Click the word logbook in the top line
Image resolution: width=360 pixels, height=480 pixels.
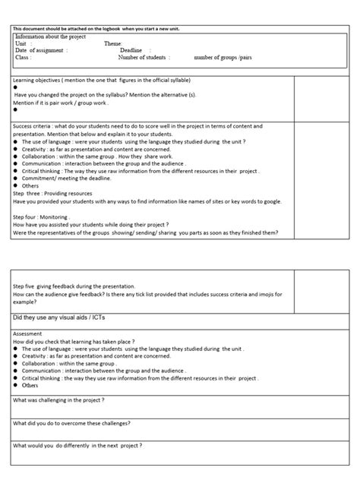pos(131,28)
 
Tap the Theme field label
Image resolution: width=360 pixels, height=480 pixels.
pos(112,44)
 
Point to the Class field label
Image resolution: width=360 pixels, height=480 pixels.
pos(23,57)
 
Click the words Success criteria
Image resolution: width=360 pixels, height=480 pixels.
pos(35,126)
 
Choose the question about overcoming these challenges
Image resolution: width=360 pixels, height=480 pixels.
pos(71,422)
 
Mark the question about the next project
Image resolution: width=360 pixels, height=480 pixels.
pos(77,445)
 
